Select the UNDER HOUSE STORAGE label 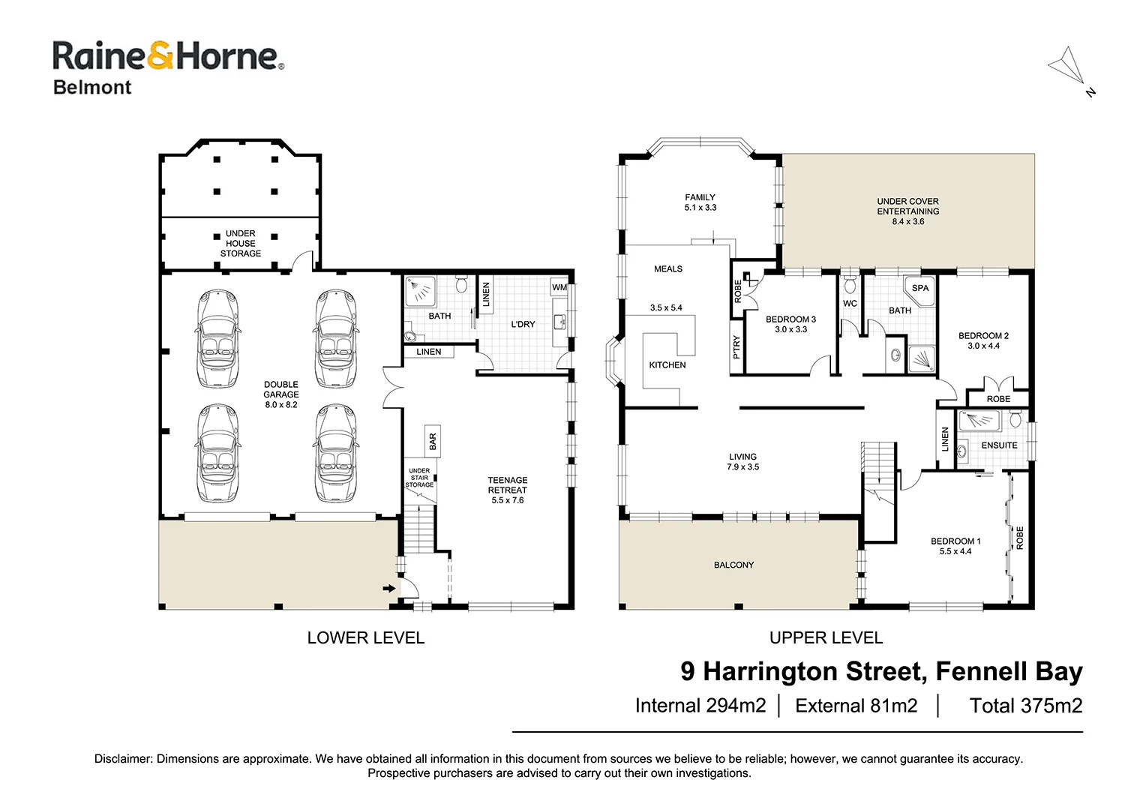point(241,244)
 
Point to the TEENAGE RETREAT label point(508,485)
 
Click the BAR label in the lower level point(433,442)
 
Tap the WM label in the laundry point(559,287)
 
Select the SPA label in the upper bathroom point(920,288)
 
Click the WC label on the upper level point(850,304)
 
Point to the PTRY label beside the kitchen point(736,347)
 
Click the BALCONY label point(733,565)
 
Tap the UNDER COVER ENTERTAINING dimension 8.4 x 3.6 point(908,222)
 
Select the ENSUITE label point(999,445)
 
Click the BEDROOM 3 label point(790,319)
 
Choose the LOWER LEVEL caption point(366,637)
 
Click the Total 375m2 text point(1025,706)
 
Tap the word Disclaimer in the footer point(123,759)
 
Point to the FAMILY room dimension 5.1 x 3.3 point(700,208)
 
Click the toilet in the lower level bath point(461,284)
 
